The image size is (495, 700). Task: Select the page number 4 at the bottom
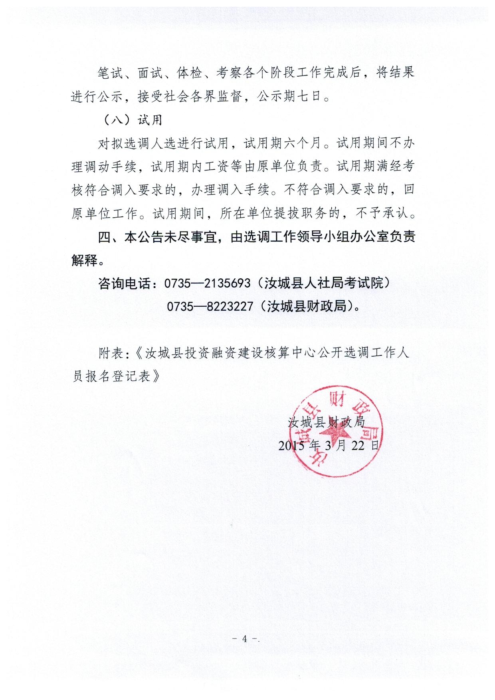click(x=245, y=639)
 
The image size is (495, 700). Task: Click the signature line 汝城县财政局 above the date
click(x=327, y=422)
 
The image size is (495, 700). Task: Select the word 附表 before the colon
click(x=111, y=353)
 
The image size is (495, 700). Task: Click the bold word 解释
click(x=85, y=260)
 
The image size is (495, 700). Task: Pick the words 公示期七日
click(x=290, y=96)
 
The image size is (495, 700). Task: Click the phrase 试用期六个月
click(x=283, y=143)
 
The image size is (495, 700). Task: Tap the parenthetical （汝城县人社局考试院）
click(x=322, y=283)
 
